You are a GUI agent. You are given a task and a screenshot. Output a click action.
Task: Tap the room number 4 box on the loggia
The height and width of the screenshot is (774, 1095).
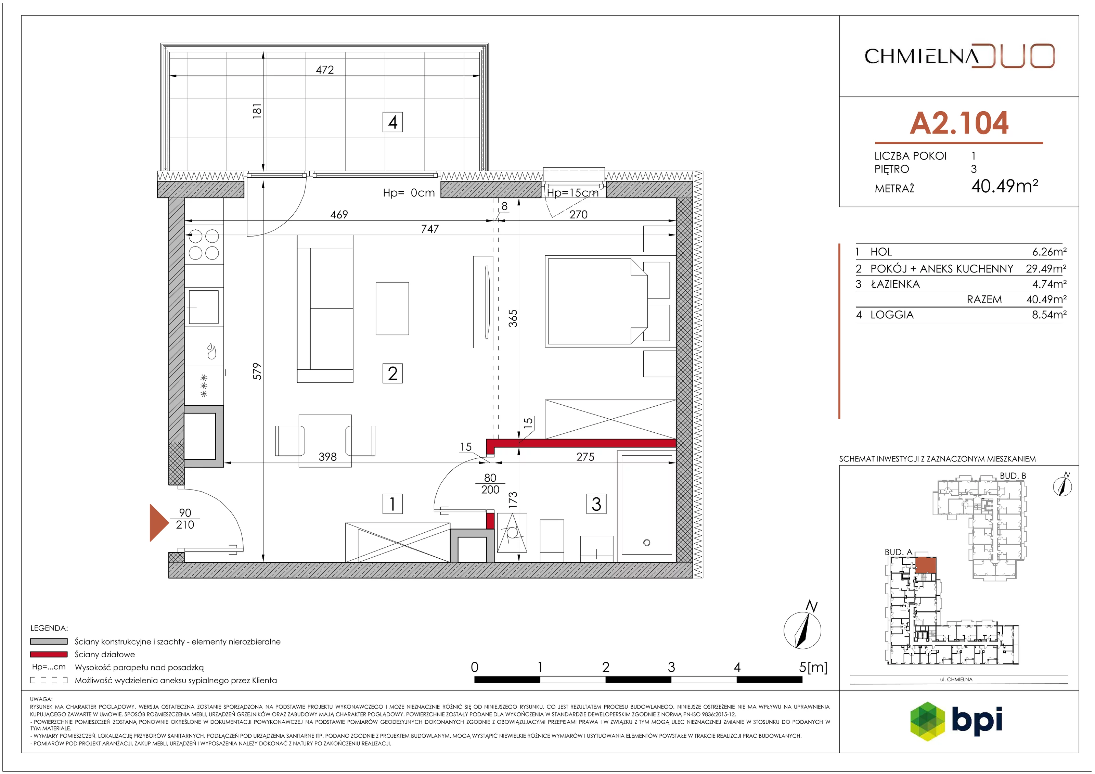pyautogui.click(x=392, y=122)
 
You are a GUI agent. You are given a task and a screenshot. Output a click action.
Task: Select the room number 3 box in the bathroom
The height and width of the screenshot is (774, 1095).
pyautogui.click(x=596, y=504)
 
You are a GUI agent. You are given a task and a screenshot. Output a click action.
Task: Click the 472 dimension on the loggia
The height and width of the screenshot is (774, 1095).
pyautogui.click(x=325, y=70)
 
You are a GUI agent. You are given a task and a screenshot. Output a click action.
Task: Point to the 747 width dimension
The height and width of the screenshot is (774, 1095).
pyautogui.click(x=430, y=229)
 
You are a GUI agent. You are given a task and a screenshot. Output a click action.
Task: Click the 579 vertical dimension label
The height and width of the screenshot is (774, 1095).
pyautogui.click(x=257, y=371)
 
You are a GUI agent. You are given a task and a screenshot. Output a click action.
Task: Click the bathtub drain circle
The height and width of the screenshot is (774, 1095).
pyautogui.click(x=647, y=543)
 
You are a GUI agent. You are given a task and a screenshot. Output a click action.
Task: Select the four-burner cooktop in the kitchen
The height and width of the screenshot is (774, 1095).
pyautogui.click(x=204, y=244)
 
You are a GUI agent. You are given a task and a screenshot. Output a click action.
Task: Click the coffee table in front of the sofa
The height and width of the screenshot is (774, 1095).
pyautogui.click(x=392, y=308)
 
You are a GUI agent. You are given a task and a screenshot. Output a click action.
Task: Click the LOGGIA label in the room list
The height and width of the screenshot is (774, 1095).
pyautogui.click(x=892, y=315)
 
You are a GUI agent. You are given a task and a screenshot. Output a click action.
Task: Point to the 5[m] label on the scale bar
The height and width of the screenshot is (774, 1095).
pyautogui.click(x=813, y=667)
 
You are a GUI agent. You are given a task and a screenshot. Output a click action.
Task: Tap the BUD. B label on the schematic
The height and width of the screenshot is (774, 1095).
pyautogui.click(x=1013, y=476)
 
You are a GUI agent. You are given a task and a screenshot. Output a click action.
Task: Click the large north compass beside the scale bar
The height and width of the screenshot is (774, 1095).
pyautogui.click(x=803, y=629)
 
